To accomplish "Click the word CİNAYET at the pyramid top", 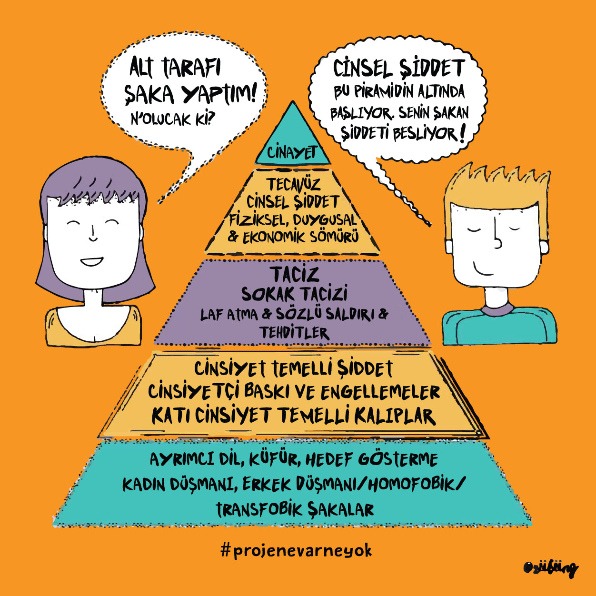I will coord(292,152).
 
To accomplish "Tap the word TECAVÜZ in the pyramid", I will coord(293,184).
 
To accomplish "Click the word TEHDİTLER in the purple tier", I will coord(294,333).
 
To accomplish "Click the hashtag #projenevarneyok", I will coord(296,551).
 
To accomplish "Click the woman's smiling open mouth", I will coord(91,261).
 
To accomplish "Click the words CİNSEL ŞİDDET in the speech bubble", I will coord(398,69).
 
